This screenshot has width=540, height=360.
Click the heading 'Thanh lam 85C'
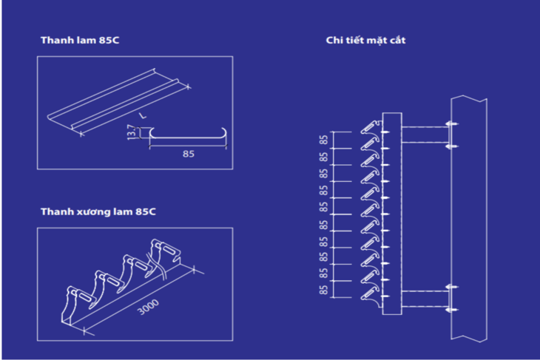[79, 41]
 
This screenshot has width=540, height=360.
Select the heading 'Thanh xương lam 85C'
[98, 212]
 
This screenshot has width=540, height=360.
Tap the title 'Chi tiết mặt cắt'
[365, 40]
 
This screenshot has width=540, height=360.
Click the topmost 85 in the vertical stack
[323, 140]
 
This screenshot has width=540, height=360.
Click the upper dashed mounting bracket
[425, 135]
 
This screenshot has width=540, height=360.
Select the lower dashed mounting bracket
[425, 299]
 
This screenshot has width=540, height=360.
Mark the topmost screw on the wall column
[452, 123]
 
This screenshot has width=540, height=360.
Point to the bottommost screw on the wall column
[452, 310]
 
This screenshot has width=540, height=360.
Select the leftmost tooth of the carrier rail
[72, 303]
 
